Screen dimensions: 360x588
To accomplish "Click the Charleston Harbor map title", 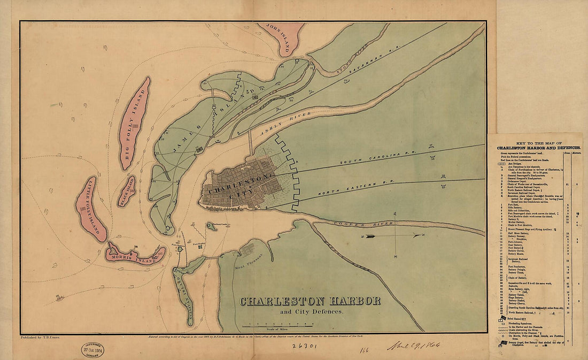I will (310, 301).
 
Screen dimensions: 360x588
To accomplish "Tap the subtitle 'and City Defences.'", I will (310, 312).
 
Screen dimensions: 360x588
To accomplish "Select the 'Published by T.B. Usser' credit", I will (41, 338).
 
